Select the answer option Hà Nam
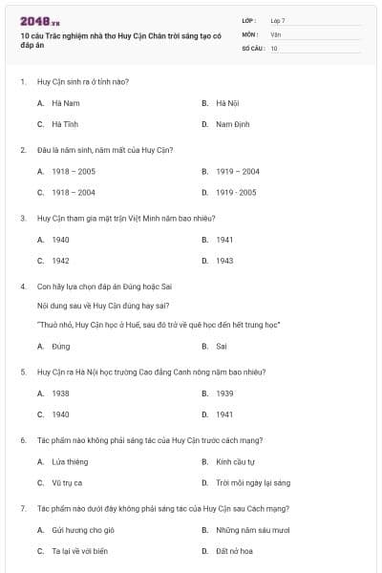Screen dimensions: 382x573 tap(65, 102)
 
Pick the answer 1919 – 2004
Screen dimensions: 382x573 tap(237, 171)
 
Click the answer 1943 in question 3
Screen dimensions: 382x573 tap(224, 260)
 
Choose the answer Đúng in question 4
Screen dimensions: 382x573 tap(61, 346)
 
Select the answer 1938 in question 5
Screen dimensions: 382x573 tap(60, 393)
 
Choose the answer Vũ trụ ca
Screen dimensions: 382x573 tap(67, 482)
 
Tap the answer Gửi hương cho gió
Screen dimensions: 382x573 tap(76, 529)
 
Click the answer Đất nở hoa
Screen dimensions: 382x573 tap(234, 551)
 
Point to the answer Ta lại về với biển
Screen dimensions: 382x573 tap(79, 551)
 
